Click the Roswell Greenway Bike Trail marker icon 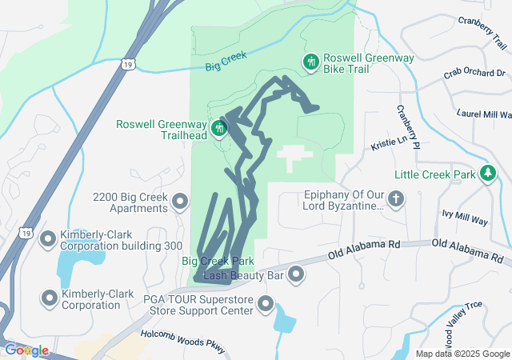310,61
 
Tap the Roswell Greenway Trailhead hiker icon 219,128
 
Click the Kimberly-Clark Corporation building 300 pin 49,238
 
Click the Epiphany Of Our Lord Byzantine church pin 396,198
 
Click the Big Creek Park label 218,261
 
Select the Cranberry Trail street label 483,30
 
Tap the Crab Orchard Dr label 474,74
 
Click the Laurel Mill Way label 483,114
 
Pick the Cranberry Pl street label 407,128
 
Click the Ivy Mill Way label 464,215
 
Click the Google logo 26,350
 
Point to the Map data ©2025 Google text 462,354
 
